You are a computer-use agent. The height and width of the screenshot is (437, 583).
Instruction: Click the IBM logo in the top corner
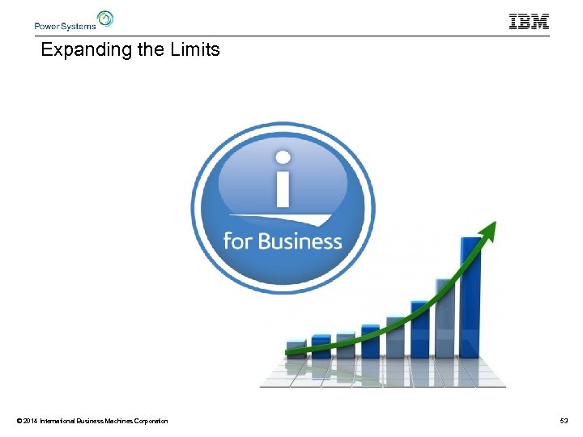click(x=529, y=22)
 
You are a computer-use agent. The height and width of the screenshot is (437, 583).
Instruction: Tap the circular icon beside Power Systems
click(x=105, y=19)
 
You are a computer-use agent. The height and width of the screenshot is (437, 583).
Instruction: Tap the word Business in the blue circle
click(x=300, y=241)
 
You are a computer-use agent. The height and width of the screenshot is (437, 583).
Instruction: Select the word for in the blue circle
click(x=239, y=241)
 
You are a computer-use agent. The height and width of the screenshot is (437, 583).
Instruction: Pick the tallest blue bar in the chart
click(x=470, y=296)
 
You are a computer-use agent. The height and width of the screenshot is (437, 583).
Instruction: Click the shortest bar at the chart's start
click(x=296, y=349)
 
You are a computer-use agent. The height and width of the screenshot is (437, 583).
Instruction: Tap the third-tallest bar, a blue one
click(x=419, y=329)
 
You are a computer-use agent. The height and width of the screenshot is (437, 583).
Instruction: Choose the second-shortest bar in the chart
click(x=321, y=346)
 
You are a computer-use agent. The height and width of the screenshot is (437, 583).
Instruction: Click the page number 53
click(x=564, y=421)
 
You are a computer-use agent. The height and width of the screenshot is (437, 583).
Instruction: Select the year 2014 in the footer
click(x=31, y=421)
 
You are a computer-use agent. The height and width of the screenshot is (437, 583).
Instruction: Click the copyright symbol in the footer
click(x=19, y=421)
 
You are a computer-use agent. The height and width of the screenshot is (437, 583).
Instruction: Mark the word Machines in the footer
click(x=112, y=421)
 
